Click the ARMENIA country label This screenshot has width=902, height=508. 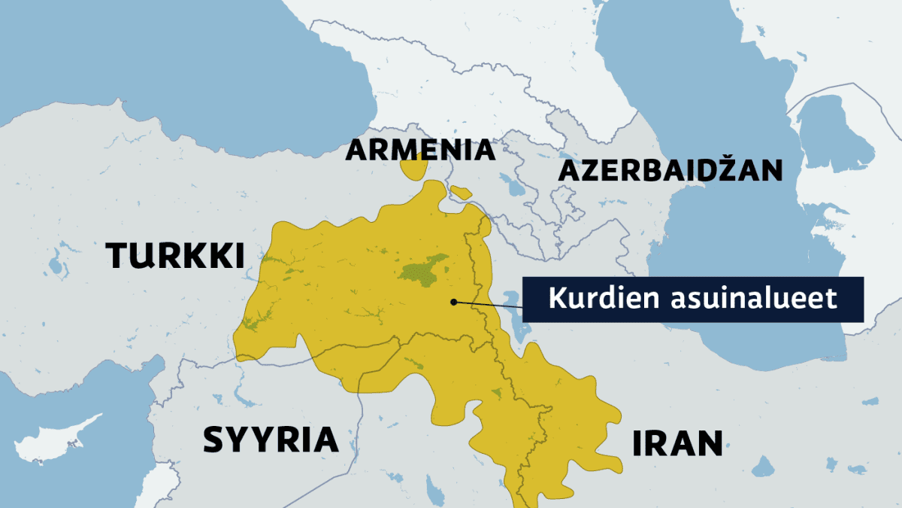tap(420, 151)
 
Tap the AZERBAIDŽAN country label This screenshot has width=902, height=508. tap(670, 171)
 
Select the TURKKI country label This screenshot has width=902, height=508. tap(176, 257)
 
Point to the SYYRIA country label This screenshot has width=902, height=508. tap(271, 440)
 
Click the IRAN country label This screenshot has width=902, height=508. tap(676, 444)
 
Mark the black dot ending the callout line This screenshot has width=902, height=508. tap(453, 303)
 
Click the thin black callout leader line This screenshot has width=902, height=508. tap(489, 305)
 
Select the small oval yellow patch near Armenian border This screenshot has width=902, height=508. tap(461, 193)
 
